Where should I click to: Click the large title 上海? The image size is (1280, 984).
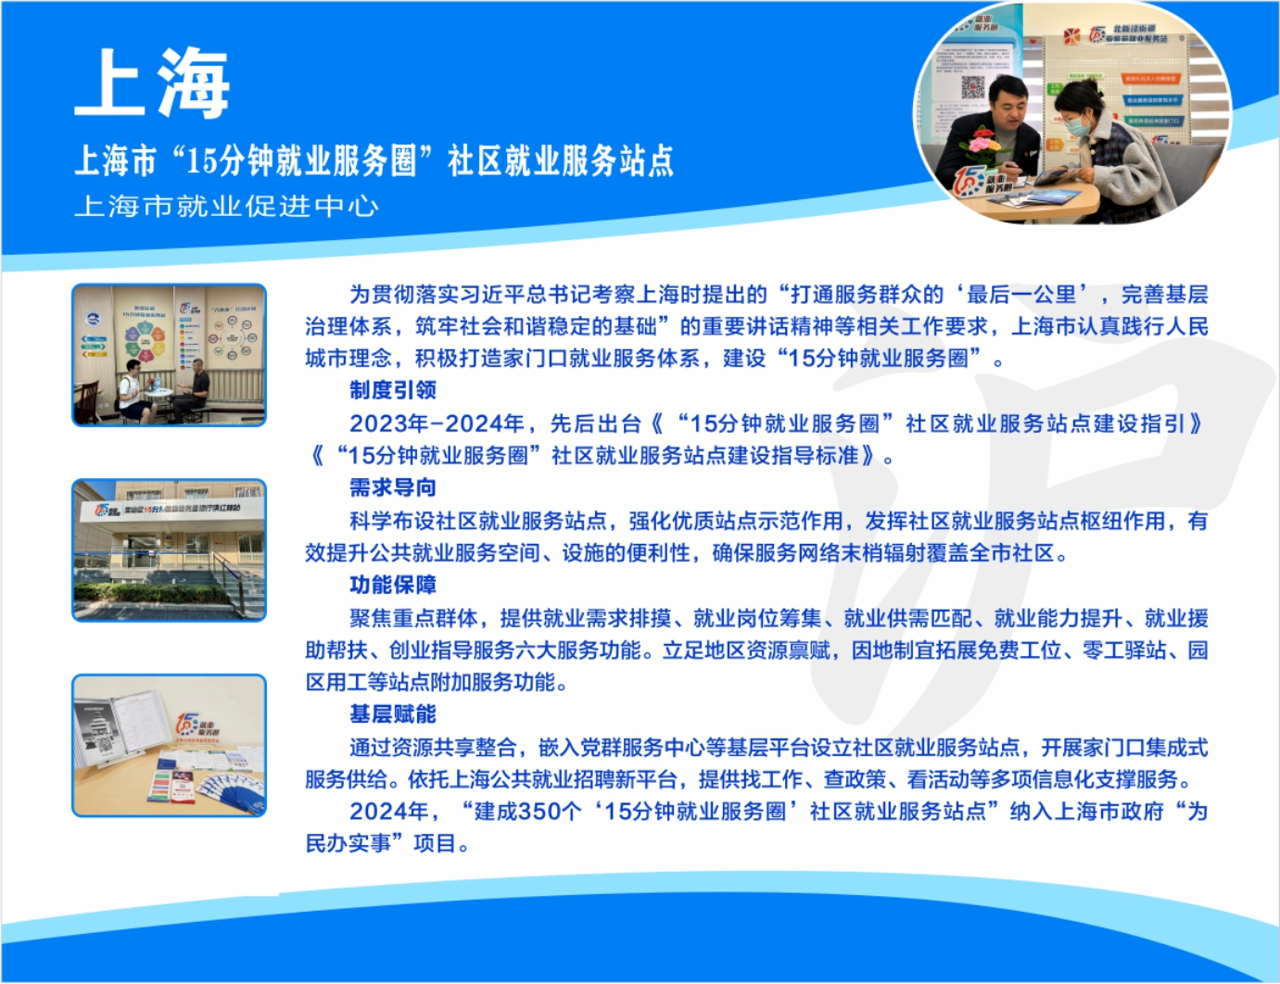click(152, 82)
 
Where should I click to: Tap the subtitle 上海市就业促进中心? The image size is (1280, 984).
click(227, 206)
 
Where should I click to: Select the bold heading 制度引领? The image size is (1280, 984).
click(393, 390)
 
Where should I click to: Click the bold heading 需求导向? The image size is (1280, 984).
click(393, 487)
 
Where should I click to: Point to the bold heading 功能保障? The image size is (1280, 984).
click(393, 585)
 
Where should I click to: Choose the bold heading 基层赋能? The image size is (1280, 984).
click(393, 714)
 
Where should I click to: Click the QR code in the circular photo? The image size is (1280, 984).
click(972, 87)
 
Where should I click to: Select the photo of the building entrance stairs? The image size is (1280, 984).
click(169, 550)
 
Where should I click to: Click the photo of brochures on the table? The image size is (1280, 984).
click(169, 746)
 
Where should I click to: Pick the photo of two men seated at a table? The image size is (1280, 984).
click(169, 355)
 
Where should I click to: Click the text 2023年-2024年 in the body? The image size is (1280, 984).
click(437, 423)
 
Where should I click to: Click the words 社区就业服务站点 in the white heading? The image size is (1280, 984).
click(562, 161)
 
